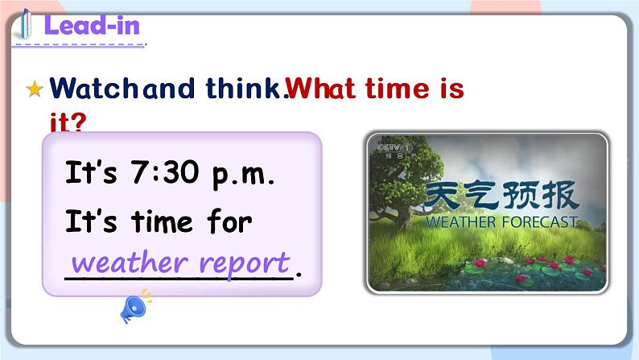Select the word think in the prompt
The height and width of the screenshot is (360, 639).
point(245,88)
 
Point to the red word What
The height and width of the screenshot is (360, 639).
point(323,88)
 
